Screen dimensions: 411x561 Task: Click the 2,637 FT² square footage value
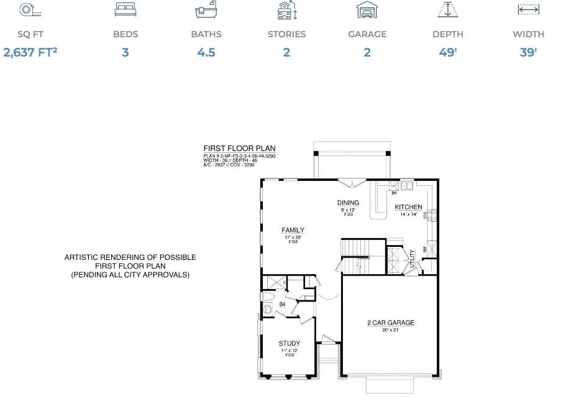click(x=30, y=52)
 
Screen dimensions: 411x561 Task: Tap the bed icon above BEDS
click(x=125, y=10)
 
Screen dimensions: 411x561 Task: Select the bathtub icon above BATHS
click(x=206, y=11)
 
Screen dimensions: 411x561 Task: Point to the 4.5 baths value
click(x=206, y=52)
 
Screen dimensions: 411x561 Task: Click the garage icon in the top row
click(x=367, y=10)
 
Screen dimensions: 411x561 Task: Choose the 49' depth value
click(x=447, y=52)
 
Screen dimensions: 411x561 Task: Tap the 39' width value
click(x=528, y=52)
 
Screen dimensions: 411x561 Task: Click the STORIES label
click(x=286, y=34)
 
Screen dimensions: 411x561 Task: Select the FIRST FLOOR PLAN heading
click(x=239, y=149)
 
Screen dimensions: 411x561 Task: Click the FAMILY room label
click(x=293, y=231)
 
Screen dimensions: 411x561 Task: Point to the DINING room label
click(x=348, y=203)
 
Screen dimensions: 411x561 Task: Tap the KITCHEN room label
click(x=408, y=207)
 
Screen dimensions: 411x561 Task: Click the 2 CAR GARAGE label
click(x=390, y=323)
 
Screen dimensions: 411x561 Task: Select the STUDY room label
click(x=290, y=343)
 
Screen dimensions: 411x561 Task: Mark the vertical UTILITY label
click(x=412, y=258)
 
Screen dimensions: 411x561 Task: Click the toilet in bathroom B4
click(x=268, y=308)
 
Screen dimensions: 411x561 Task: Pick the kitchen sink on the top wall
click(x=407, y=185)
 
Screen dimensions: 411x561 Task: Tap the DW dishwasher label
click(x=394, y=193)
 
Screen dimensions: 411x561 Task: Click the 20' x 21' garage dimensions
click(x=390, y=330)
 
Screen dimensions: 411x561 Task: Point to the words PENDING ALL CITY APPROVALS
click(x=130, y=274)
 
